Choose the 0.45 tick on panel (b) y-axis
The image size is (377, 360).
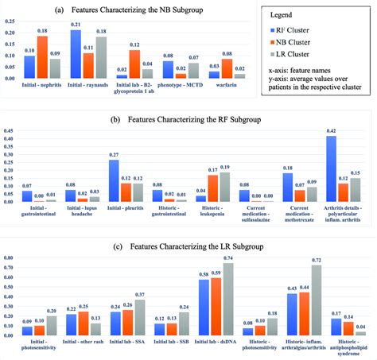(x=10, y=130)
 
